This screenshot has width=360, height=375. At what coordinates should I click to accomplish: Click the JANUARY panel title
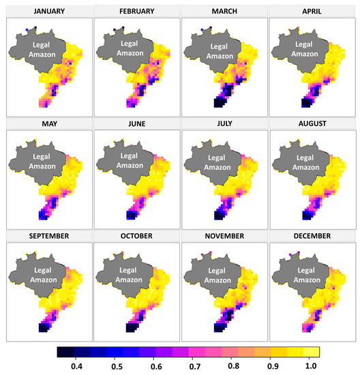point(46,12)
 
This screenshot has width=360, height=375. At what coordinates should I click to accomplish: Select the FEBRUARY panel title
point(134,12)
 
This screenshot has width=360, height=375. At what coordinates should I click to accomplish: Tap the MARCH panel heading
point(223,12)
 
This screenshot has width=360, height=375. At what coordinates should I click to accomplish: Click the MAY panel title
point(46,125)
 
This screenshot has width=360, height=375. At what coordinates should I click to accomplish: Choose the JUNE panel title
point(134,125)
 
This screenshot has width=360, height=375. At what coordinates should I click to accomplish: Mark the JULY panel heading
point(223,125)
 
